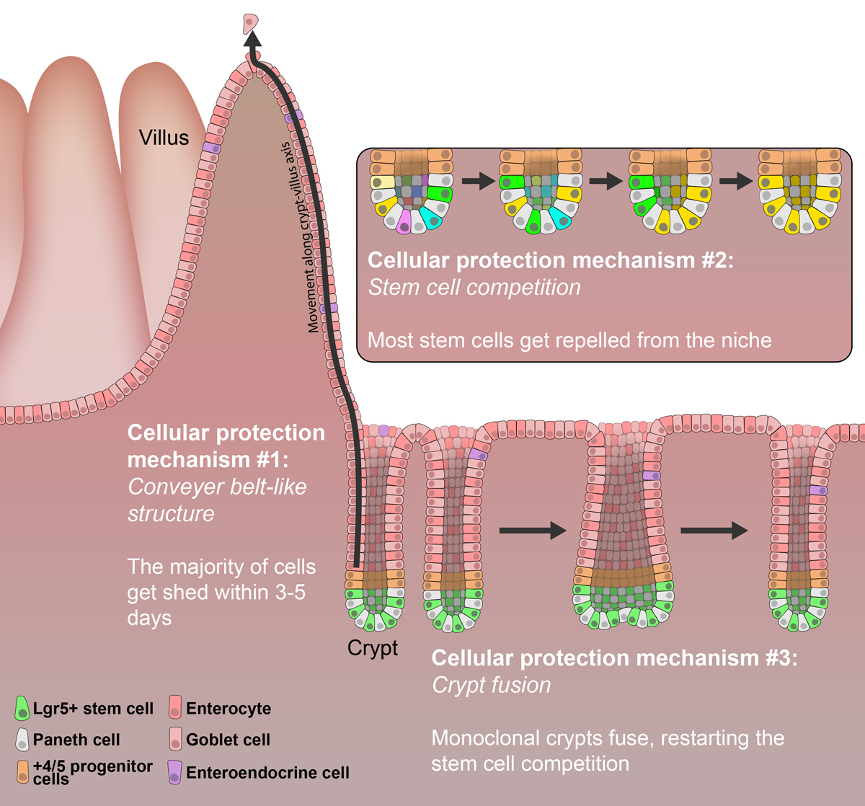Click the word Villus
pyautogui.click(x=164, y=137)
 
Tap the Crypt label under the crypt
pyautogui.click(x=373, y=647)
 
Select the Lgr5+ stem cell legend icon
pyautogui.click(x=22, y=708)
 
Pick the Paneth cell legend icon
pyautogui.click(x=22, y=739)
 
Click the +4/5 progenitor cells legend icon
pyautogui.click(x=22, y=771)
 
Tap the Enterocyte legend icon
pyautogui.click(x=174, y=708)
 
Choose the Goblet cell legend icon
pyautogui.click(x=174, y=739)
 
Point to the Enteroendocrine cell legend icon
pyautogui.click(x=174, y=772)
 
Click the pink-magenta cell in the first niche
pyautogui.click(x=404, y=221)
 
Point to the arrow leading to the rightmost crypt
pyautogui.click(x=714, y=532)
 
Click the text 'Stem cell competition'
pyautogui.click(x=474, y=287)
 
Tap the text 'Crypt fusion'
pyautogui.click(x=491, y=684)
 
